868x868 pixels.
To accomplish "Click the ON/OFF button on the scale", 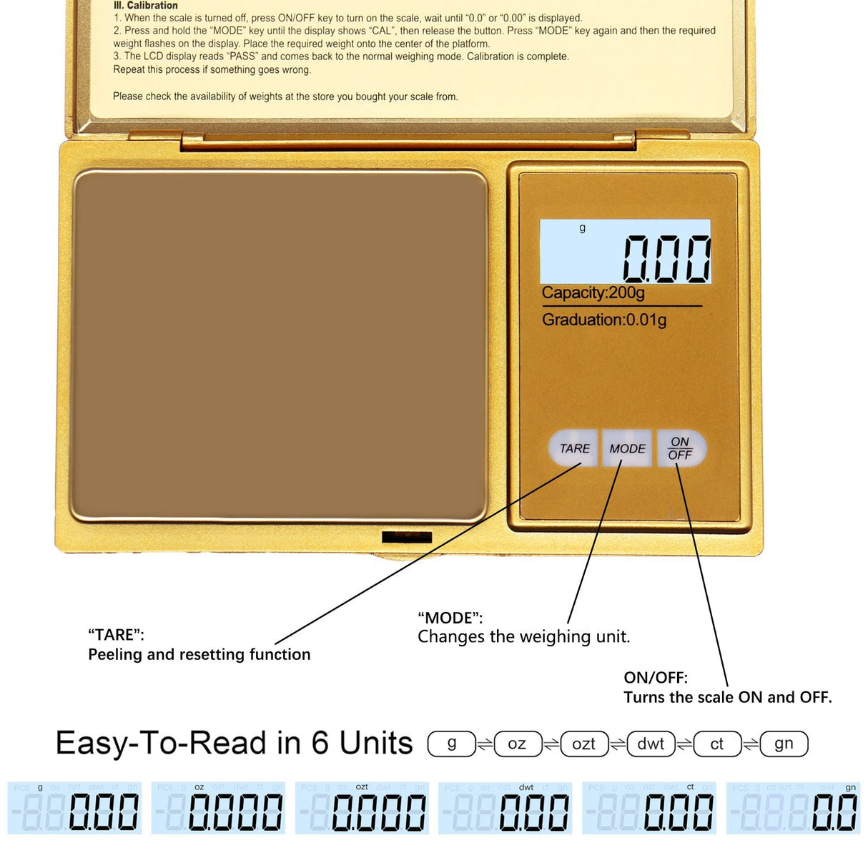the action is pyautogui.click(x=681, y=448).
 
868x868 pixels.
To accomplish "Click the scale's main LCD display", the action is pyautogui.click(x=625, y=252).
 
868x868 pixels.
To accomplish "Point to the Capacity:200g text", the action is pyautogui.click(x=593, y=292).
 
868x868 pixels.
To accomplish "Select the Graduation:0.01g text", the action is pyautogui.click(x=604, y=320).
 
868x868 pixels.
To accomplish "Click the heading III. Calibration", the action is pyautogui.click(x=145, y=6).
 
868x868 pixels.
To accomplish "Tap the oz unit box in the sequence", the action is pyautogui.click(x=518, y=744).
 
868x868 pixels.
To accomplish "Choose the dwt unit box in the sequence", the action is pyautogui.click(x=651, y=744).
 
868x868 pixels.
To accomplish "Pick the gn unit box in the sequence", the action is pyautogui.click(x=784, y=744).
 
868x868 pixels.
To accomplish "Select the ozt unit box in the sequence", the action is pyautogui.click(x=584, y=744).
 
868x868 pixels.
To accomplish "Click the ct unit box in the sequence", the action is pyautogui.click(x=717, y=744).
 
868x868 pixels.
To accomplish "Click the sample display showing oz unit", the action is pyautogui.click(x=218, y=808).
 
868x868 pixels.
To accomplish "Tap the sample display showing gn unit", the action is pyautogui.click(x=793, y=808).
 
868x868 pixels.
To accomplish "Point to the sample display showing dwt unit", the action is pyautogui.click(x=505, y=808).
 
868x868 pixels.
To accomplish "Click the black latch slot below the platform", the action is pyautogui.click(x=407, y=537).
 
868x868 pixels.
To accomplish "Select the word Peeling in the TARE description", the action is pyautogui.click(x=115, y=655).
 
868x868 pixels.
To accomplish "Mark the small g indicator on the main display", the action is pyautogui.click(x=583, y=228).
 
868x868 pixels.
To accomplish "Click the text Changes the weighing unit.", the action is pyautogui.click(x=524, y=636).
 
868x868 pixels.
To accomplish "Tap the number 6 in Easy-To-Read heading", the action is pyautogui.click(x=320, y=743).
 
